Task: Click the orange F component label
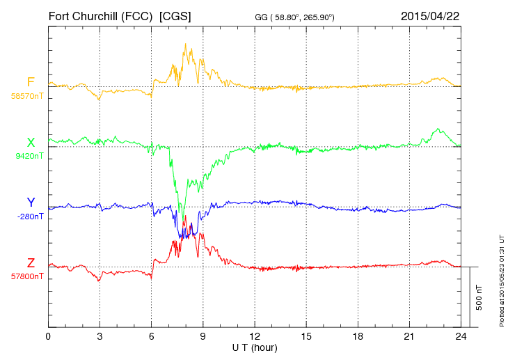(31, 82)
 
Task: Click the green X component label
(31, 143)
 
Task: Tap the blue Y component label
(31, 203)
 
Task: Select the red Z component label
(31, 262)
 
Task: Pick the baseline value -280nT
(29, 216)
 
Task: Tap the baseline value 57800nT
(26, 276)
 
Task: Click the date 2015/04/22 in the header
(429, 15)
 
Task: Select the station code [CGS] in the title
(175, 15)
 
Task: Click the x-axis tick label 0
(48, 337)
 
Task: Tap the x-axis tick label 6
(152, 337)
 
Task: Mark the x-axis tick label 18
(358, 337)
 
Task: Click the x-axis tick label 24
(461, 337)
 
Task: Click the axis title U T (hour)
(255, 347)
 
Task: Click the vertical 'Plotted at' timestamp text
(502, 278)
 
